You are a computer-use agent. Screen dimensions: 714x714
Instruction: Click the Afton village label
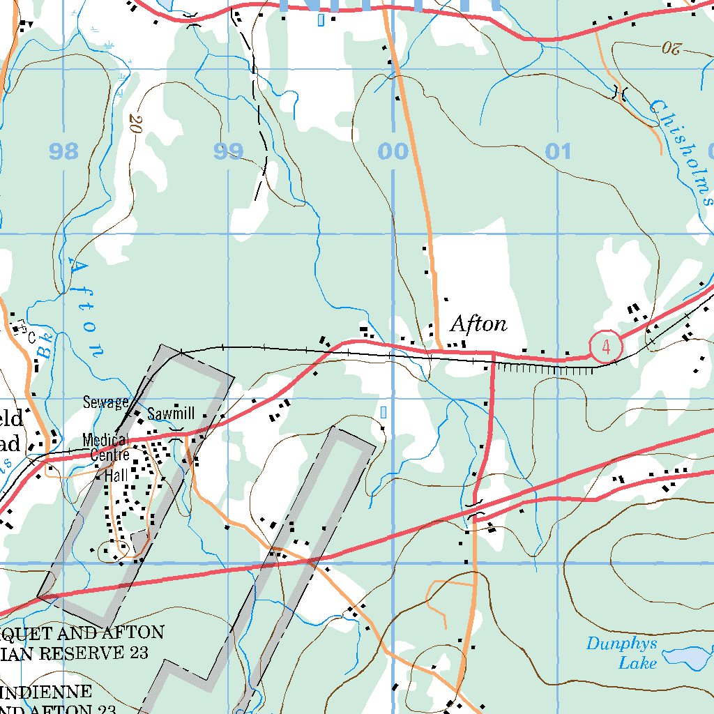tap(478, 324)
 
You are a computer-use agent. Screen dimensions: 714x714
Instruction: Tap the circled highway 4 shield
tap(605, 346)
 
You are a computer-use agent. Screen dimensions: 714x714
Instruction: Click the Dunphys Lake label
tap(621, 653)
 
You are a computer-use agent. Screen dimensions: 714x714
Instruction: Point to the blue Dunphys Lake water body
tap(687, 657)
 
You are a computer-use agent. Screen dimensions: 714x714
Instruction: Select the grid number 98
tap(64, 151)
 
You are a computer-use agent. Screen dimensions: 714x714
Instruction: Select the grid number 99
tap(229, 151)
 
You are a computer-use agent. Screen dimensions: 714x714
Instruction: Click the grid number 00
tap(393, 151)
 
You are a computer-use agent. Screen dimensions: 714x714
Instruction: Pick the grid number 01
tap(558, 151)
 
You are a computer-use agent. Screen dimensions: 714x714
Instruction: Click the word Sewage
tap(105, 402)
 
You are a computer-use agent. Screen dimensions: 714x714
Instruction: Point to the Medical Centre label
tap(106, 448)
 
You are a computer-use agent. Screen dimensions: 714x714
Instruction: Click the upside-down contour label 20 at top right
tap(671, 49)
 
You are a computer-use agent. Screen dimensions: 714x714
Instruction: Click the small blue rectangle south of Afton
tap(383, 413)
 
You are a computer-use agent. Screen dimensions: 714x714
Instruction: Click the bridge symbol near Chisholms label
tap(618, 92)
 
